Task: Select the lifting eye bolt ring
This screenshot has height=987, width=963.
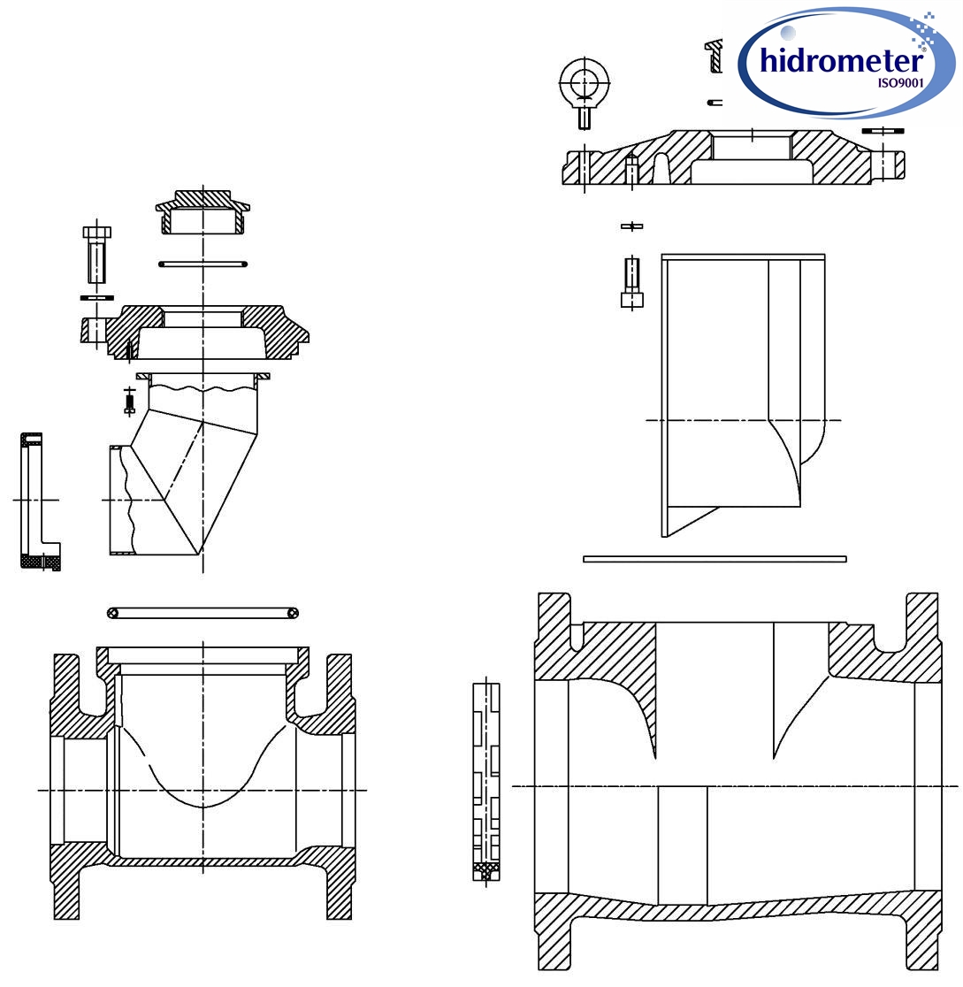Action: [x=582, y=82]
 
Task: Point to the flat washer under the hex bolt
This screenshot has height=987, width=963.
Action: [x=96, y=297]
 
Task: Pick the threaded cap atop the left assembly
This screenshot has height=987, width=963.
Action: [x=203, y=212]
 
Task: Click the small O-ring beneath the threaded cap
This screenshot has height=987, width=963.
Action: [x=203, y=264]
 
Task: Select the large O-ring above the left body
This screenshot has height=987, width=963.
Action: [x=203, y=613]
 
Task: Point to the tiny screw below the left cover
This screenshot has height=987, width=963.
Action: [x=129, y=402]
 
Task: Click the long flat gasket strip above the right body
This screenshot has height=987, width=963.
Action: [x=715, y=559]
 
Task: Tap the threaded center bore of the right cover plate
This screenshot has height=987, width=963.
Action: [x=751, y=146]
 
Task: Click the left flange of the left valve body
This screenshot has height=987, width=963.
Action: [x=67, y=787]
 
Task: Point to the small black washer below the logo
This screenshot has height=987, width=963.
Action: [x=882, y=131]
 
